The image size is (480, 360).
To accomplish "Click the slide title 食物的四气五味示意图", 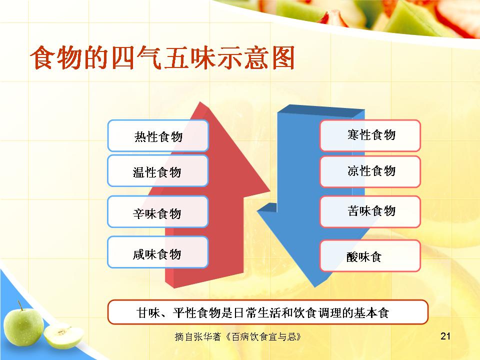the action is [162, 57].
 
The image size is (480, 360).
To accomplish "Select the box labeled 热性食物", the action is [158, 135].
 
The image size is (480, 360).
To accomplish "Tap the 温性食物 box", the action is [158, 171].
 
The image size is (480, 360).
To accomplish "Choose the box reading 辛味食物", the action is [158, 212].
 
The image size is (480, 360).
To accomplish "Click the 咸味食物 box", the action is [158, 252].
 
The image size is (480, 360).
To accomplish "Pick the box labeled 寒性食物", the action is [370, 135].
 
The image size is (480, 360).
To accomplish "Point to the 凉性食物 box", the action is [370, 171].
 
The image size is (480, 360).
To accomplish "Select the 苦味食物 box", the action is [370, 212].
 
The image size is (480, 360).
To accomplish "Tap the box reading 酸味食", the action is [370, 256].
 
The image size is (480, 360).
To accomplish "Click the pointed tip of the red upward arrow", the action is [200, 102].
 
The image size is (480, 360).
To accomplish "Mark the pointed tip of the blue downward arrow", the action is [316, 287].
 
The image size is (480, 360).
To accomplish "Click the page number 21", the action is [445, 336].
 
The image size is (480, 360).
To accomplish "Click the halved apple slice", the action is [63, 336].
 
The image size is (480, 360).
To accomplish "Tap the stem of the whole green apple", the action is [20, 305].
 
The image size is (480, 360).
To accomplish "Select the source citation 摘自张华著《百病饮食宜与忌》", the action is [238, 336].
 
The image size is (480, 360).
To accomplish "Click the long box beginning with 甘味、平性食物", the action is [267, 312].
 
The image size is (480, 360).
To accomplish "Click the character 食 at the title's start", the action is [43, 57].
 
